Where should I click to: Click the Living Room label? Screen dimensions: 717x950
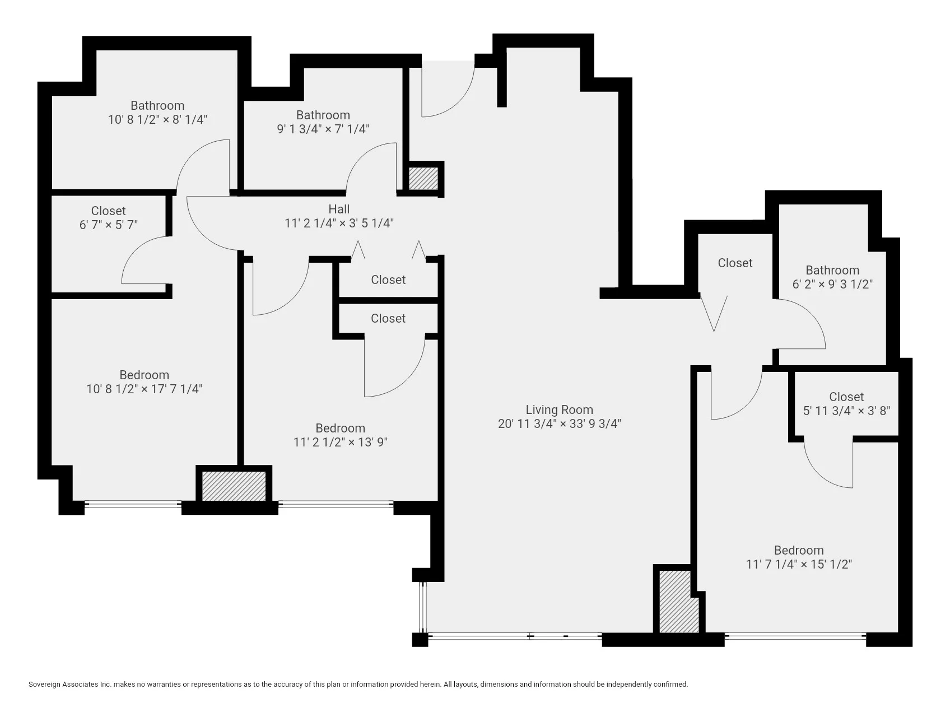point(559,409)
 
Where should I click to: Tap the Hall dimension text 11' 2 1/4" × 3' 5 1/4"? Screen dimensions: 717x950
point(339,223)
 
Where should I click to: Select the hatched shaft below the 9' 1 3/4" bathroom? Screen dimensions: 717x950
point(423,178)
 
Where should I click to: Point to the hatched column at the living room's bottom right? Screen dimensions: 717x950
point(679,602)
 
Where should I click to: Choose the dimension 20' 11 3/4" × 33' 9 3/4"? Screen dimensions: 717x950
point(559,423)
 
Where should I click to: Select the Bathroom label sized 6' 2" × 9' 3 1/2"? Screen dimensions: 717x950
point(832,270)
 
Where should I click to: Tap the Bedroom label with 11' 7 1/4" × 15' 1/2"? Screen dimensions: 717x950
point(798,550)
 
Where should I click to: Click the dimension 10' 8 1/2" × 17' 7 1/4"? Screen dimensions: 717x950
point(144,389)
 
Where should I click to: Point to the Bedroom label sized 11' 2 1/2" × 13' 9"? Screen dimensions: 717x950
point(340,428)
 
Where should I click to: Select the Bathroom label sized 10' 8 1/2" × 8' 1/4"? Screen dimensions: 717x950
point(157,105)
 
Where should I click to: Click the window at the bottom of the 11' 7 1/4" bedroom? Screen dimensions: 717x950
point(795,635)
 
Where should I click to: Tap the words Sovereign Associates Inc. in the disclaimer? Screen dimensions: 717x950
point(70,684)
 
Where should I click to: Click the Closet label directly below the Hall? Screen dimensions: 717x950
point(388,280)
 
